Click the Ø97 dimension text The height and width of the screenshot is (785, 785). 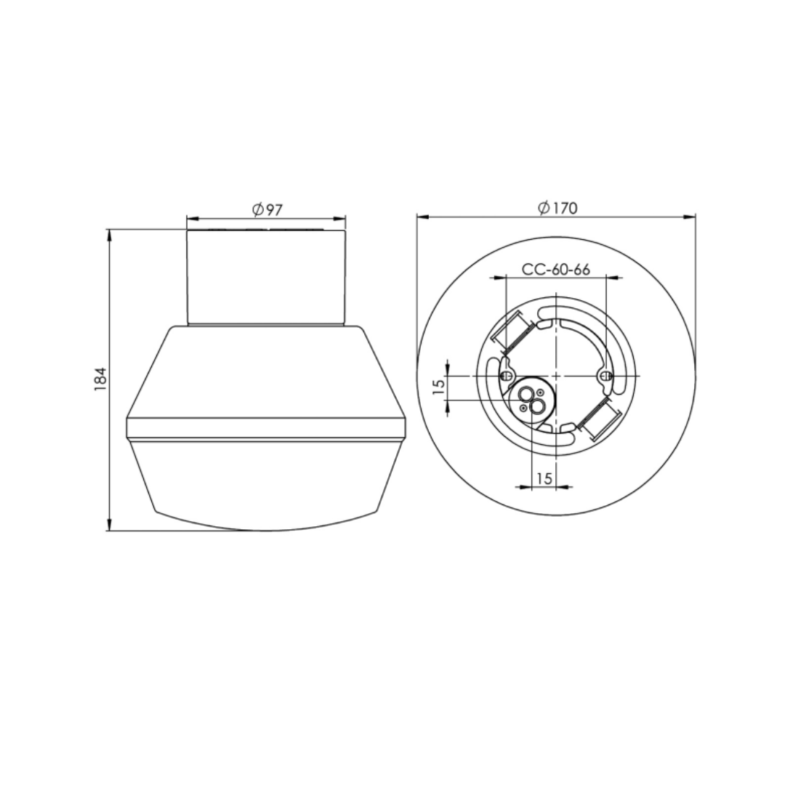(267, 209)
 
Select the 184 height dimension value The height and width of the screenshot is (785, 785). (101, 379)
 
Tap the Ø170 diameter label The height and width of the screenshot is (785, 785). (557, 207)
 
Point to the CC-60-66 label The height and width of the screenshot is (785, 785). (556, 270)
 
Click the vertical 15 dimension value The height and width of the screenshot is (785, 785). (438, 387)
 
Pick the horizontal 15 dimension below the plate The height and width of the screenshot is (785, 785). (544, 478)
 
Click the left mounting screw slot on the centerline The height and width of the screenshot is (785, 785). (507, 376)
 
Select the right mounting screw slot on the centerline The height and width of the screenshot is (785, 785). (605, 376)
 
